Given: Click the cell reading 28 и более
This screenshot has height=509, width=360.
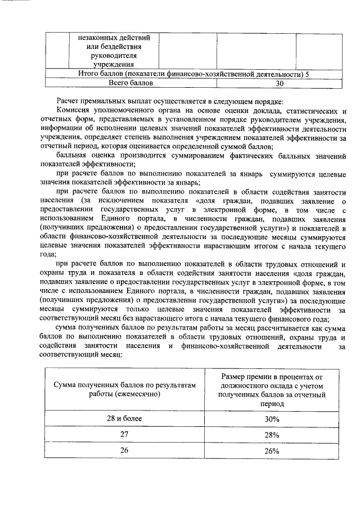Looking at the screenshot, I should click(x=125, y=419).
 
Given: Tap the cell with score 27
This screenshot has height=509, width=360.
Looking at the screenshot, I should click(x=125, y=435).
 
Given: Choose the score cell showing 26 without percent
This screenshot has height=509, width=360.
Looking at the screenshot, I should click(x=125, y=451).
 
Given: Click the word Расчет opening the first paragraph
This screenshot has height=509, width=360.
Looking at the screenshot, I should click(x=69, y=102).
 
